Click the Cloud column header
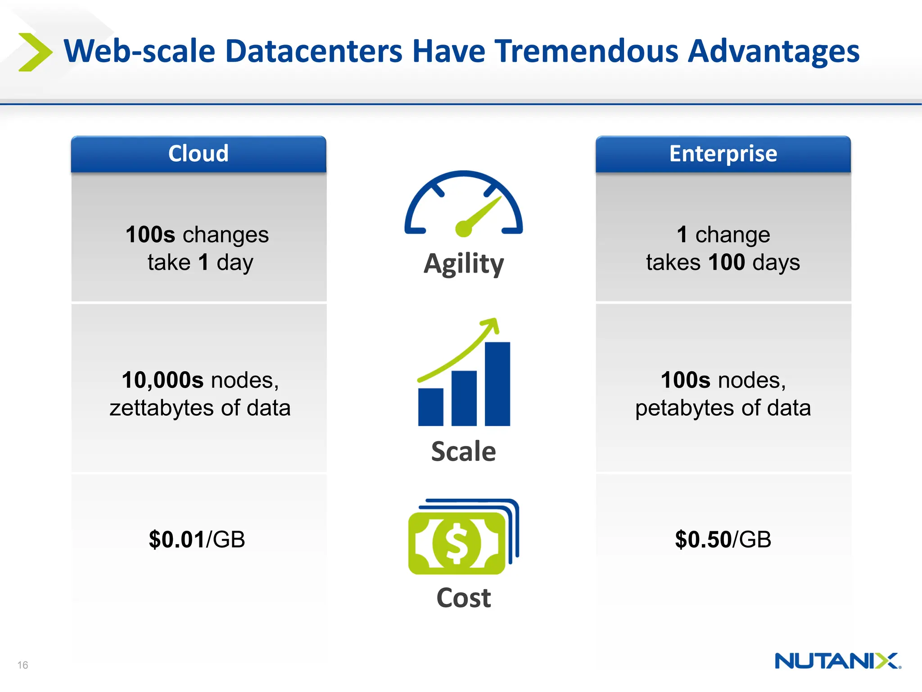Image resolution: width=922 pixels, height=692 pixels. click(x=199, y=154)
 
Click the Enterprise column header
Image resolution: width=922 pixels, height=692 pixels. click(x=723, y=154)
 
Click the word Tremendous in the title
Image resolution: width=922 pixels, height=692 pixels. click(x=586, y=51)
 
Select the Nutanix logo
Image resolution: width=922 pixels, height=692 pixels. click(x=837, y=661)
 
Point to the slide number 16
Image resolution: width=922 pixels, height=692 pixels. click(x=23, y=665)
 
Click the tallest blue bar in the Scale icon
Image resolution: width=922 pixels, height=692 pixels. click(x=497, y=384)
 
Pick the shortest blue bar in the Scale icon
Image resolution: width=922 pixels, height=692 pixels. click(x=430, y=407)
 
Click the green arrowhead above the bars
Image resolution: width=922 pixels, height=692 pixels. click(x=492, y=324)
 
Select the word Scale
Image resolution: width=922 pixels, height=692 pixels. click(x=463, y=451)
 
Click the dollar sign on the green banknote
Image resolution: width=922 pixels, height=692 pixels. click(x=456, y=543)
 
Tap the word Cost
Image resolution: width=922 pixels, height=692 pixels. click(x=463, y=598)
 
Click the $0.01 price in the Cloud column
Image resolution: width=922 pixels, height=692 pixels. click(x=176, y=539)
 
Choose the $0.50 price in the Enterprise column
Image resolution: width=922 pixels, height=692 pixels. click(x=703, y=539)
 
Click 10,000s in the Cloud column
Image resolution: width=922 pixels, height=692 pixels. click(x=163, y=380)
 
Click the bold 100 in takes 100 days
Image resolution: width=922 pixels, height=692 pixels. click(x=727, y=262)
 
